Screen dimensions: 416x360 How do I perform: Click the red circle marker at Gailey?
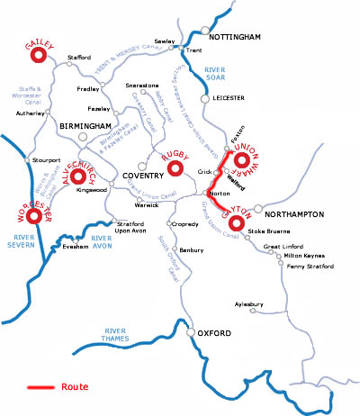coord(38,56)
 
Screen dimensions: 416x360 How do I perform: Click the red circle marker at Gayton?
coord(237,220)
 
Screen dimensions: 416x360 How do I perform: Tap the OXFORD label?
coord(217,335)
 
